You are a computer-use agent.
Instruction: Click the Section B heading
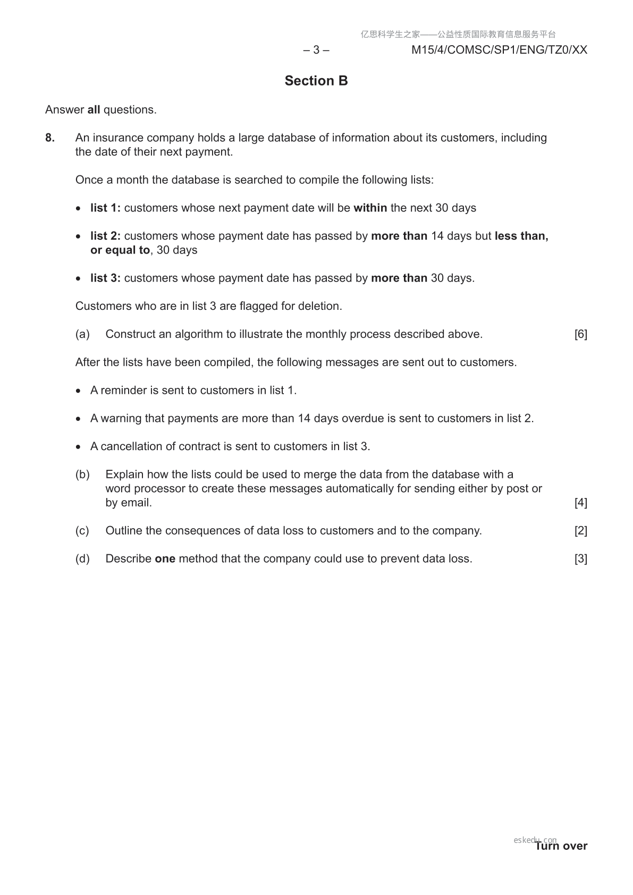(316, 81)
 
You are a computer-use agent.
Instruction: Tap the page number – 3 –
(316, 50)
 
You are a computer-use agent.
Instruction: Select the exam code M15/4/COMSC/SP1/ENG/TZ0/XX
(499, 50)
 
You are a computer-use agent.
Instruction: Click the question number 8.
(50, 138)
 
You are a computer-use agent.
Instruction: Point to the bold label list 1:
(105, 208)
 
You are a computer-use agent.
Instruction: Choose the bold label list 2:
(105, 236)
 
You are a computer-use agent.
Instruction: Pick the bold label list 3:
(105, 278)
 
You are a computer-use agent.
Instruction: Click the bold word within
(370, 208)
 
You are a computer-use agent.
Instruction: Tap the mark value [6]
(580, 334)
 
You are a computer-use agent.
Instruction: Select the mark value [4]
(580, 503)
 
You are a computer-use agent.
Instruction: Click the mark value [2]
(580, 531)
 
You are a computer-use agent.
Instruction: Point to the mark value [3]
(580, 559)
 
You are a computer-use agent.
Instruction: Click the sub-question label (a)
(82, 334)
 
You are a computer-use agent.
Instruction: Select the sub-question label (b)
(82, 475)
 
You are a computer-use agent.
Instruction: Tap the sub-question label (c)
(82, 531)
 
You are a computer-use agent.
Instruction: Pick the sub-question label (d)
(82, 559)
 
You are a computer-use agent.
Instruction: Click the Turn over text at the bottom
(561, 846)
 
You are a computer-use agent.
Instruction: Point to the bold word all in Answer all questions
(94, 110)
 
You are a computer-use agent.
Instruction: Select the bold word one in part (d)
(165, 559)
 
